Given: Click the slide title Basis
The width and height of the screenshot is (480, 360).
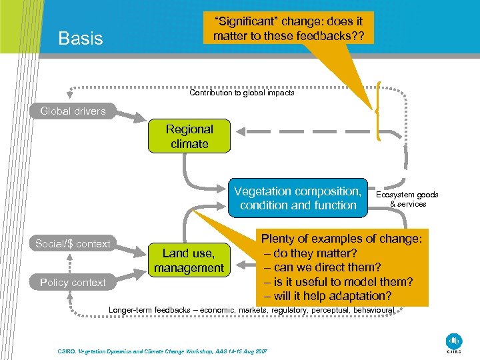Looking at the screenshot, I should tap(81, 38).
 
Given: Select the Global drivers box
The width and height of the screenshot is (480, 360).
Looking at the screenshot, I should tap(73, 111).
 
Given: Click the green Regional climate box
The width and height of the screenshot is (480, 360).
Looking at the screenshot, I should tap(189, 137).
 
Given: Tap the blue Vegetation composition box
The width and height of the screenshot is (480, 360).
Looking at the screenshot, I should tap(298, 198).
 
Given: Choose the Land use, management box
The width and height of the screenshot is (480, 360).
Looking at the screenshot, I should tap(189, 261).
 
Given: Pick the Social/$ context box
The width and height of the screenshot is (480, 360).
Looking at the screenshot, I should tap(73, 243).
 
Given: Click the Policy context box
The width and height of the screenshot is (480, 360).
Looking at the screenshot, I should tap(73, 282).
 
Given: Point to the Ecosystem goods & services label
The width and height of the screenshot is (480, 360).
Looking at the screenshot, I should tap(407, 199).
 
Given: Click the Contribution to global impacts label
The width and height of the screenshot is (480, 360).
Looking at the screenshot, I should tap(241, 93).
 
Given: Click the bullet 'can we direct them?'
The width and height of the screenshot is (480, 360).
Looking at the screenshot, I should tap(317, 267).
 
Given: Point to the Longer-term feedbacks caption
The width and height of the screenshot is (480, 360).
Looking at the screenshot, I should tap(252, 310).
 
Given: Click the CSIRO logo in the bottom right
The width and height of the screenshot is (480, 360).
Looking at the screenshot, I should tap(454, 341).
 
